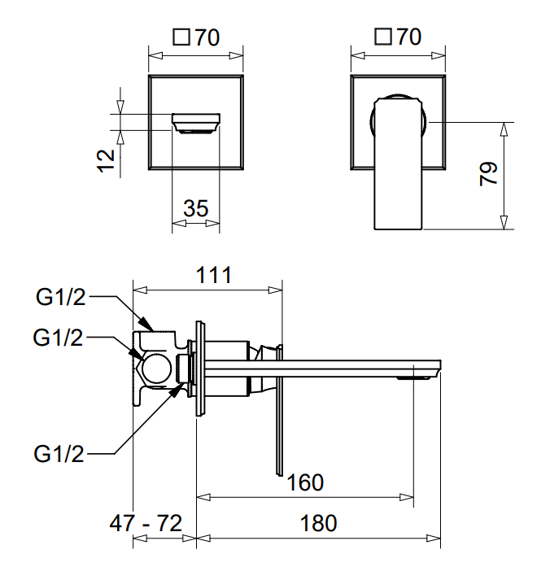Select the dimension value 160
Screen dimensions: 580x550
[x=305, y=482]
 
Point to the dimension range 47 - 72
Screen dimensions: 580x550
[x=146, y=523]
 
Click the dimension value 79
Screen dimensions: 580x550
[x=489, y=174]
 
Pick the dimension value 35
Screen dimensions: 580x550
[x=195, y=209]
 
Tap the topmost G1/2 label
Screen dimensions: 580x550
[x=60, y=298]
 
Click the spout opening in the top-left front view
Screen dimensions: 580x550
[x=196, y=123]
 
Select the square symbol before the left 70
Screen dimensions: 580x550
[x=182, y=37]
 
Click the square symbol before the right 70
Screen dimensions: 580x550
[x=384, y=37]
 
